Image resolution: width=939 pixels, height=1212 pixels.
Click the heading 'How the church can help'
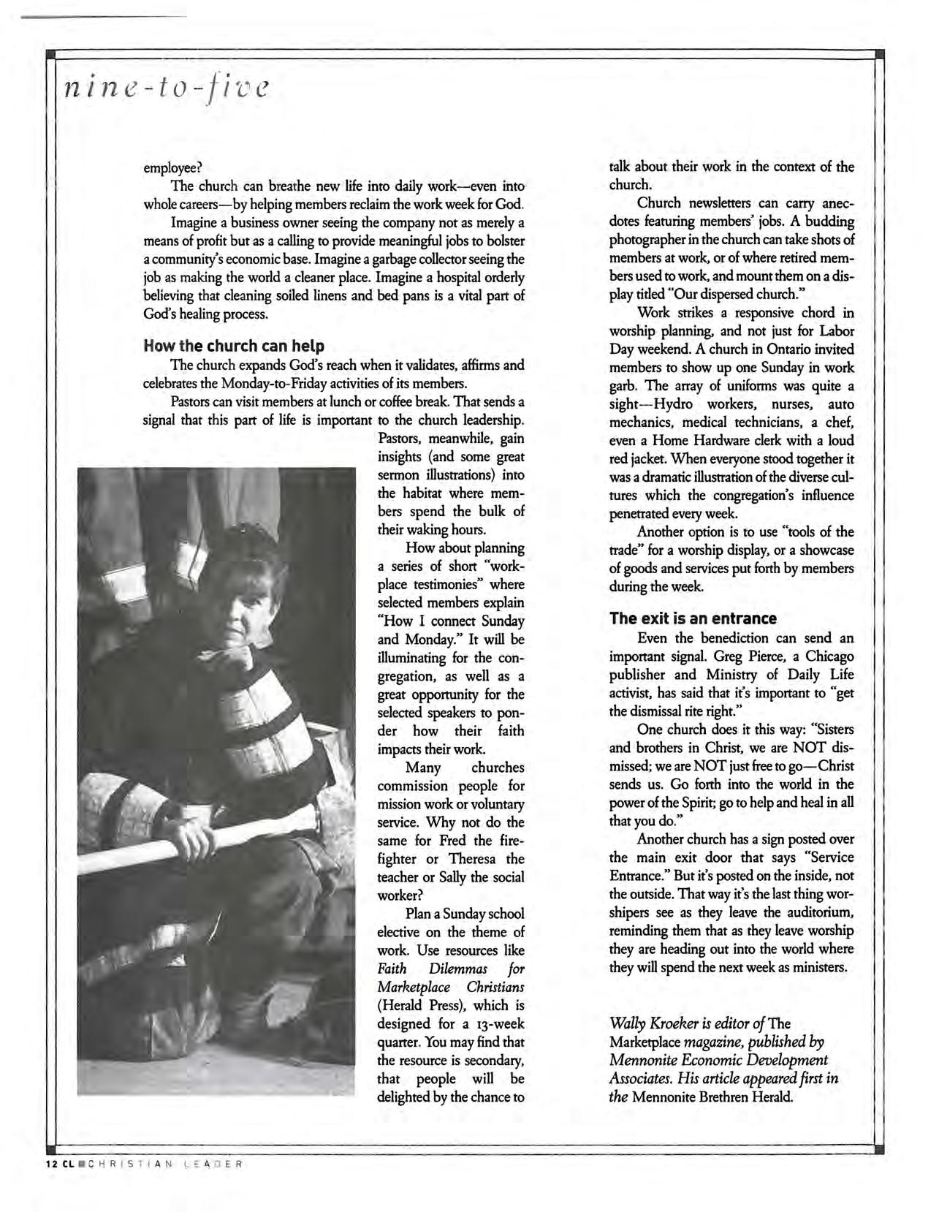pos(234,346)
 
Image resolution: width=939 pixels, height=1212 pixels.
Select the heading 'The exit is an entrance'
pos(693,618)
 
